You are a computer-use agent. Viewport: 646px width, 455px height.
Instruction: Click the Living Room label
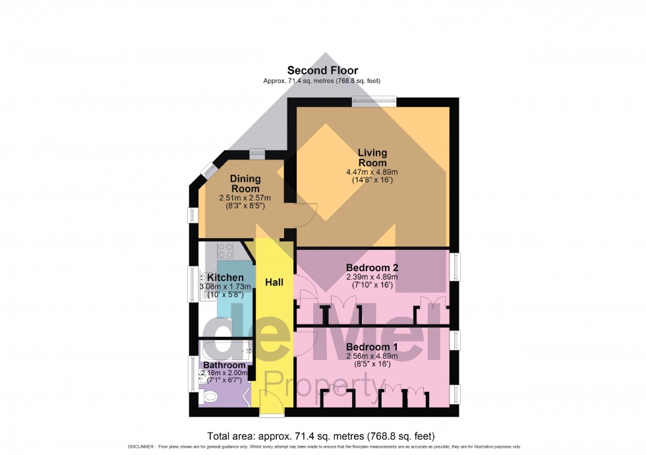tap(372, 158)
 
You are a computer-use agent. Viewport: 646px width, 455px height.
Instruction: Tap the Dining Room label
tap(245, 183)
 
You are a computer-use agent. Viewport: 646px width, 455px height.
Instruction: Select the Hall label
tap(274, 282)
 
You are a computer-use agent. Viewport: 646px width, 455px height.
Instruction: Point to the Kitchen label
tap(225, 278)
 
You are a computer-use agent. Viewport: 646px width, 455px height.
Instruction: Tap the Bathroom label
tap(224, 365)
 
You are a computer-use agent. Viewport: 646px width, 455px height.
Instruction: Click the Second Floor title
tap(322, 70)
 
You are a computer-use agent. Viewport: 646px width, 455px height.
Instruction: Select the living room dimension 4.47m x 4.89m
tap(372, 173)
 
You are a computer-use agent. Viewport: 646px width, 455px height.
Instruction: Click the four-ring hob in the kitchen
tap(225, 250)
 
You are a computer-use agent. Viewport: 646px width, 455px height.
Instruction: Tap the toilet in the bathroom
tap(211, 396)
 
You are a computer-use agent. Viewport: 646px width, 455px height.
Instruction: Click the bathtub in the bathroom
tap(224, 349)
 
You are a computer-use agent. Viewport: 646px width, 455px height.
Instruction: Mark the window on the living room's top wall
tap(374, 102)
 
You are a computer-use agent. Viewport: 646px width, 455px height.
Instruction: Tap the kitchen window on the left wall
tap(194, 284)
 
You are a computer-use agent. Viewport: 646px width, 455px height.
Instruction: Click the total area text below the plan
tap(321, 436)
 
